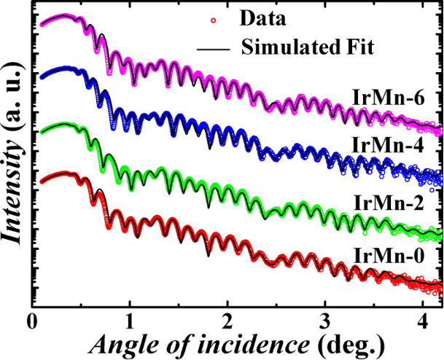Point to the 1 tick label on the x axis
click(130, 318)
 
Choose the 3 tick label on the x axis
click(326, 318)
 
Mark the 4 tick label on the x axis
click(424, 318)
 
